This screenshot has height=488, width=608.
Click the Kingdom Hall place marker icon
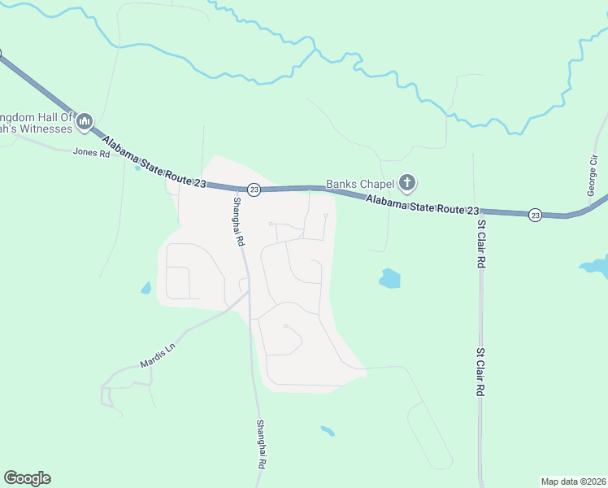[x=85, y=123]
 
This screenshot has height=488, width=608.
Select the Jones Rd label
[x=91, y=152]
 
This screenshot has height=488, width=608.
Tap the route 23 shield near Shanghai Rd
[x=254, y=190]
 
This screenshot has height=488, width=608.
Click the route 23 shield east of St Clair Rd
[x=534, y=215]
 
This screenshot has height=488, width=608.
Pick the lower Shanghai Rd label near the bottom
[x=261, y=444]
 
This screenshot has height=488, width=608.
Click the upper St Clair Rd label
[x=481, y=244]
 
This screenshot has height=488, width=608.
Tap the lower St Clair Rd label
[x=481, y=373]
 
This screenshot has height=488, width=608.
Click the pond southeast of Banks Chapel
[x=389, y=279]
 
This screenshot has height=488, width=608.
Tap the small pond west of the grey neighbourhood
[x=145, y=288]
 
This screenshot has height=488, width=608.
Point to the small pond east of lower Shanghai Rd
[x=327, y=430]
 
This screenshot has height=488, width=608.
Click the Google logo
[x=27, y=478]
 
